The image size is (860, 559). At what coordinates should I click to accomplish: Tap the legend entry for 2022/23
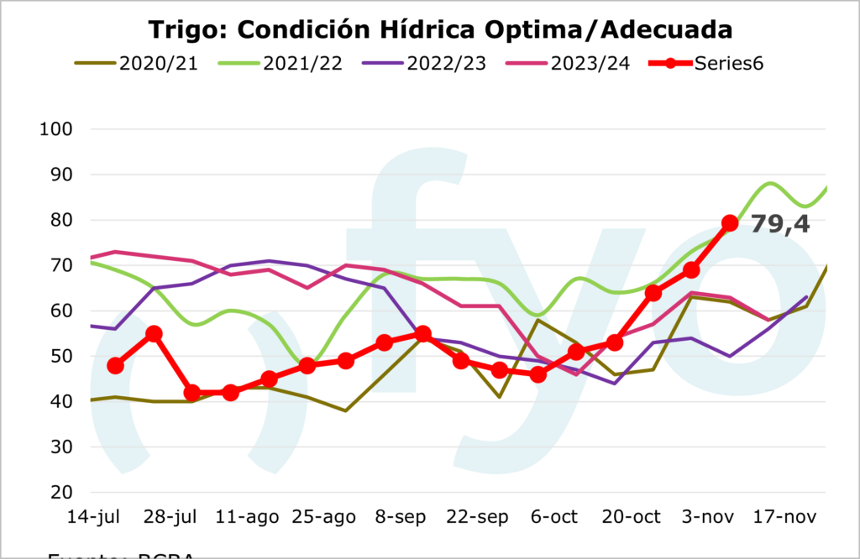pyautogui.click(x=446, y=64)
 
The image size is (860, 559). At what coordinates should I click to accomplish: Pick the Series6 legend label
pyautogui.click(x=728, y=64)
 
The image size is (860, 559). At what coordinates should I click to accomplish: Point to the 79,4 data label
pyautogui.click(x=779, y=224)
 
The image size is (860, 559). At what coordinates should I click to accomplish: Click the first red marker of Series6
pyautogui.click(x=116, y=365)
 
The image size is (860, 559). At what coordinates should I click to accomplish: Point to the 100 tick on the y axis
pyautogui.click(x=56, y=129)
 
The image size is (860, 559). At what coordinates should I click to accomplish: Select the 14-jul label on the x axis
pyautogui.click(x=92, y=517)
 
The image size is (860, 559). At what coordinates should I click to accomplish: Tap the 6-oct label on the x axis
pyautogui.click(x=553, y=517)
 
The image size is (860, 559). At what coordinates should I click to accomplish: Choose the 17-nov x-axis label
pyautogui.click(x=784, y=517)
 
